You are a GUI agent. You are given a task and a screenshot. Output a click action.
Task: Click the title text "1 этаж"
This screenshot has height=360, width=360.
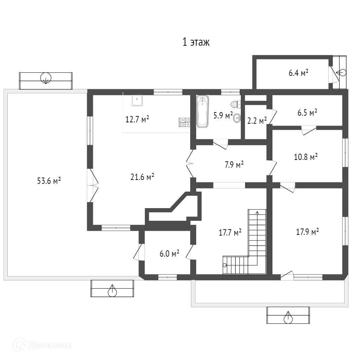click(196, 43)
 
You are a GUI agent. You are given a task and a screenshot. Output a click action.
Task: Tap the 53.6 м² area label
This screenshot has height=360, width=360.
click(49, 181)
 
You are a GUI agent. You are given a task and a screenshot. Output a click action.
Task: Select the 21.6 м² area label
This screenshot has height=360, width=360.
click(142, 177)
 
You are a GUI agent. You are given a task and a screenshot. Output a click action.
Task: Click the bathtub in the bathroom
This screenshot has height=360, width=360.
click(202, 111)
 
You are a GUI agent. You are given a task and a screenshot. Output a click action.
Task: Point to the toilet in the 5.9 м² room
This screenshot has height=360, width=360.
click(235, 104)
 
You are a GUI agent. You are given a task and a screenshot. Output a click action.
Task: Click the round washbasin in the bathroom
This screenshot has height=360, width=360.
click(237, 118)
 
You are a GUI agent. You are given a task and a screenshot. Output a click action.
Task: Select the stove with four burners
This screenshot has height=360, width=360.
click(185, 122)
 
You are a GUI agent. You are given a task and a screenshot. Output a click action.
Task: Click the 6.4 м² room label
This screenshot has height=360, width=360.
click(298, 73)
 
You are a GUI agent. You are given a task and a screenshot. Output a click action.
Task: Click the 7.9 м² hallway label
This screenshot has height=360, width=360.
click(234, 165)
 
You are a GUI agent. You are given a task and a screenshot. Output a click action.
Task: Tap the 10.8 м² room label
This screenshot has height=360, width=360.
click(306, 156)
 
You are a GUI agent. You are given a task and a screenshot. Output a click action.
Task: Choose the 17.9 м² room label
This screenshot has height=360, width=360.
click(307, 232)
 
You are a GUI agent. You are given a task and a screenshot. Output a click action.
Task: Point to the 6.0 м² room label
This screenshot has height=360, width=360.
click(169, 253)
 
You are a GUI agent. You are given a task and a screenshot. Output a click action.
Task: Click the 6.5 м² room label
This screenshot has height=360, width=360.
click(307, 112)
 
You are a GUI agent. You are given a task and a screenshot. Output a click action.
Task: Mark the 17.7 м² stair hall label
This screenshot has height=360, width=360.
click(230, 232)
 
